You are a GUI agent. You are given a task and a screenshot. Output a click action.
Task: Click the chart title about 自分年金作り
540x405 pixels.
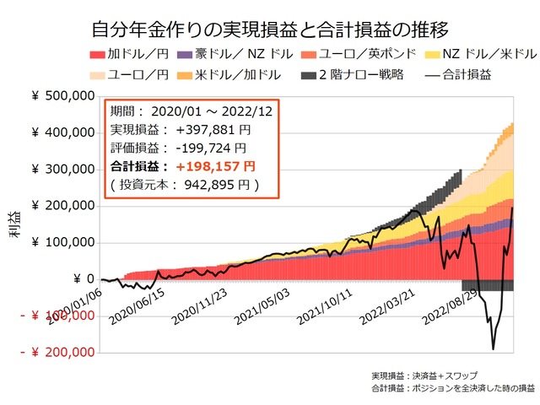pos(270,32)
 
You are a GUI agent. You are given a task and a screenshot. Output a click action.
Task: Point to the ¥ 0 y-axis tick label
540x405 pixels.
pos(84,279)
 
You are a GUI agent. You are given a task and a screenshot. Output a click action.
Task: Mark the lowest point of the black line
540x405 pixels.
pos(493,348)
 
